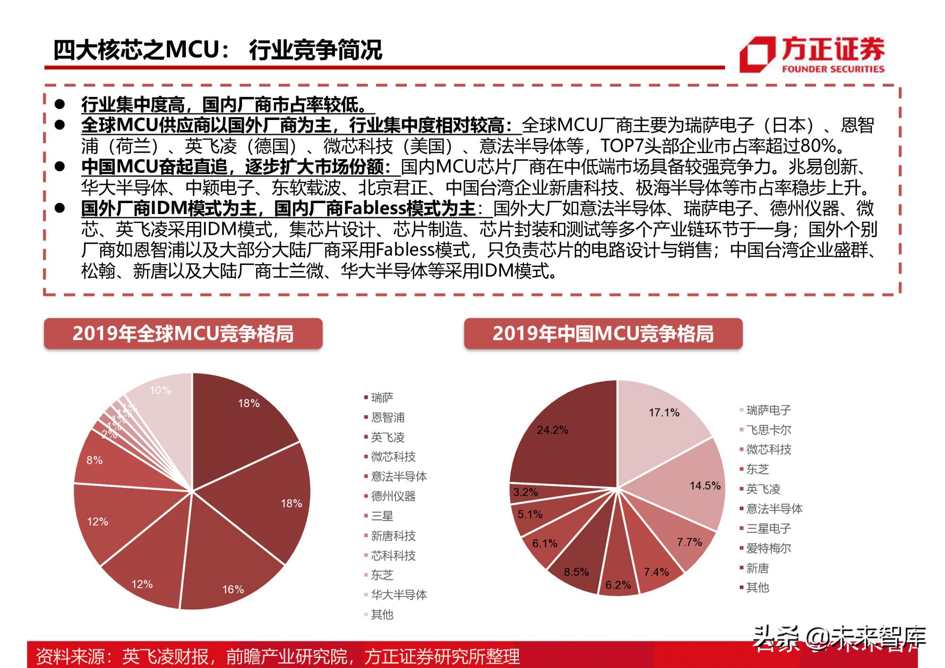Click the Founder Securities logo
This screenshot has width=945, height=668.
coord(812,54)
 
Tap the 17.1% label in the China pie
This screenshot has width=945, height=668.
coord(664,413)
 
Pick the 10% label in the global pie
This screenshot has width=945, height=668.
coord(160,391)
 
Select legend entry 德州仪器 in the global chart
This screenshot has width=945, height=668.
coord(393,497)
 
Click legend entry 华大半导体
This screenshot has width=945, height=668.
coord(398,595)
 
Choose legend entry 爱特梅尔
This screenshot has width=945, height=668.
coord(768,548)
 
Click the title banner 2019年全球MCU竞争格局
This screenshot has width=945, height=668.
coord(183,334)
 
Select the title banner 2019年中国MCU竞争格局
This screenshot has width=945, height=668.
coord(603,334)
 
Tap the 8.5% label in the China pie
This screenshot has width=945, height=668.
coord(576,573)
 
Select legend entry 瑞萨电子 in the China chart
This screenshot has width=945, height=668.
coord(768,411)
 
